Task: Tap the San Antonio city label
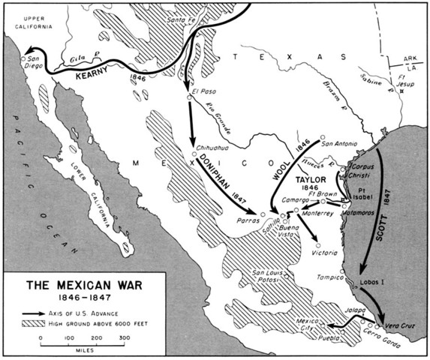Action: tap(337, 142)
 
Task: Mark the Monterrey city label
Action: tap(319, 214)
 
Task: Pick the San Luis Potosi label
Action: tap(268, 276)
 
